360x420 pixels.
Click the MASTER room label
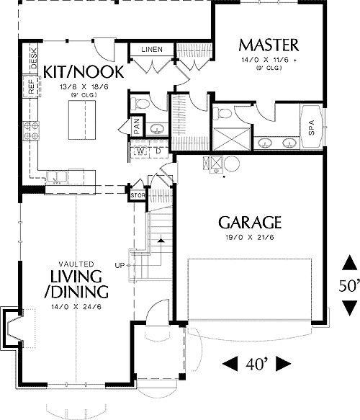coord(269,44)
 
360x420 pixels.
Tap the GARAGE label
coord(250,223)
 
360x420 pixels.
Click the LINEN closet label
coord(151,50)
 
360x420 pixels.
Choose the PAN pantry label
coord(136,126)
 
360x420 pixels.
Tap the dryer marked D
coord(156,151)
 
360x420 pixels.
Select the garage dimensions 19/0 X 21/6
coord(250,237)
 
